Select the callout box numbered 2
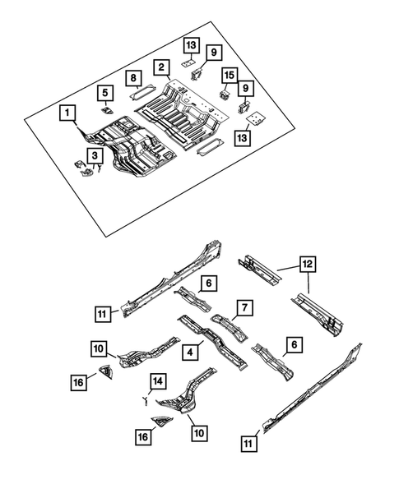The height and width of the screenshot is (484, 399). (163, 67)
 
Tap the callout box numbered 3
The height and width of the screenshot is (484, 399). (95, 154)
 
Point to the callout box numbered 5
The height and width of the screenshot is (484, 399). (105, 92)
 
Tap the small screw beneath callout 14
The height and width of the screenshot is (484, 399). (145, 401)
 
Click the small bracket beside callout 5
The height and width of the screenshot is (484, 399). (105, 108)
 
